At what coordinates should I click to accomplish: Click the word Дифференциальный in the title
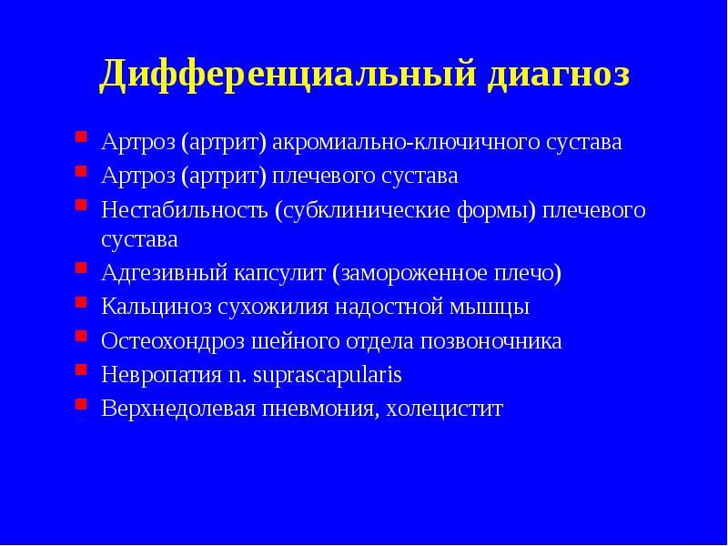point(287,74)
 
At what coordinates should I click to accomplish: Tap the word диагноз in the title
point(558,74)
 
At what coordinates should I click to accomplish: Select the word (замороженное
point(409,274)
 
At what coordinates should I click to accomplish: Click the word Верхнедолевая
point(180,409)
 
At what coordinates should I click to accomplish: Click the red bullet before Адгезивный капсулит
point(81,271)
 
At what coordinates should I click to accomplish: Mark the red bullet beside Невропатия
point(81,372)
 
